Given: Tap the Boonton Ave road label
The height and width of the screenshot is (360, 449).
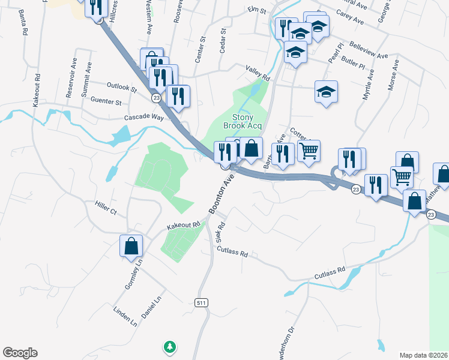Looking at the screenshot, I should pyautogui.click(x=221, y=194).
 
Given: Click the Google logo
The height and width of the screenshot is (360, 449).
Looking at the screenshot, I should pyautogui.click(x=20, y=353).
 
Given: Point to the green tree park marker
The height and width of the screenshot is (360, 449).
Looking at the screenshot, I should pyautogui.click(x=170, y=346).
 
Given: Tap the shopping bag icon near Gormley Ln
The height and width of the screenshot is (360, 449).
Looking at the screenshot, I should pyautogui.click(x=131, y=246).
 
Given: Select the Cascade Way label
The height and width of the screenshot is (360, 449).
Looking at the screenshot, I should pyautogui.click(x=143, y=118).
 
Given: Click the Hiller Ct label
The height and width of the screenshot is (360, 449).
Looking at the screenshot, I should pyautogui.click(x=105, y=207).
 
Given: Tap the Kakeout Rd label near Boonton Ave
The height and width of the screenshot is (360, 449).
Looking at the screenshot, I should pyautogui.click(x=183, y=226).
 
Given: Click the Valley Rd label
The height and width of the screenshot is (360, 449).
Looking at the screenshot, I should pyautogui.click(x=258, y=74).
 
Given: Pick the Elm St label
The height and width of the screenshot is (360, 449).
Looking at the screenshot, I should pyautogui.click(x=257, y=10).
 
